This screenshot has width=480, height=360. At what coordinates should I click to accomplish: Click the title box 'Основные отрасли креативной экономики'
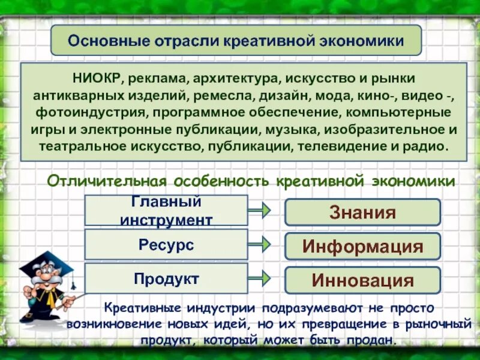coord(236,41)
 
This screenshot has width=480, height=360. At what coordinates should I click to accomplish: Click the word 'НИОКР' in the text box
coord(98,78)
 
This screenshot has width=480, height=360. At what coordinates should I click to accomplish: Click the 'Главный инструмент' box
coord(166,211)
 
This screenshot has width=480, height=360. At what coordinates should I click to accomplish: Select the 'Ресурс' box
coord(166,245)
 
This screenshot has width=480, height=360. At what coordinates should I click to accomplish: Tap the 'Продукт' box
coord(166,278)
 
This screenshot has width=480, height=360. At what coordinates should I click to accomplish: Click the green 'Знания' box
coord(362,212)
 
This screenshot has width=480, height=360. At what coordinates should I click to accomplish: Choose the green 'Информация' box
coord(362,247)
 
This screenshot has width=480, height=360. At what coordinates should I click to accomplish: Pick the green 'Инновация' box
coord(362,280)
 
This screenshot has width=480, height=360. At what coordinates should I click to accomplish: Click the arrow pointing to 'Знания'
coord(259,211)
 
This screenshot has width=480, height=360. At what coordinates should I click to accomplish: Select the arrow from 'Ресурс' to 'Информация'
coord(259,244)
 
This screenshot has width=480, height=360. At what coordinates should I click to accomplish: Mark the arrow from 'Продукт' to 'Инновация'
coord(259,278)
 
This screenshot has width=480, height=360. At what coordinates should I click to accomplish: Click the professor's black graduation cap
coord(44,264)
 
